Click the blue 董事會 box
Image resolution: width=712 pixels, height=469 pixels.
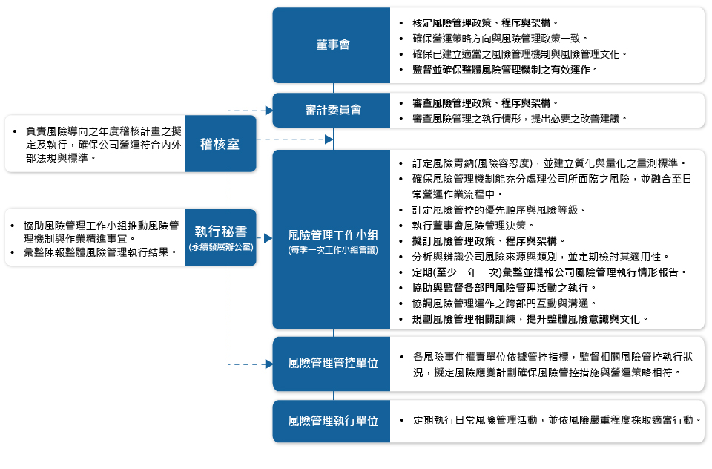click(332, 45)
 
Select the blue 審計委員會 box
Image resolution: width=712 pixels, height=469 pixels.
click(332, 110)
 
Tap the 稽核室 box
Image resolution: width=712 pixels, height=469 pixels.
click(220, 144)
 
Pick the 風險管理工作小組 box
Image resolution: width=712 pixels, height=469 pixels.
click(332, 239)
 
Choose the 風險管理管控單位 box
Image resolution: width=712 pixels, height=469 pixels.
click(332, 363)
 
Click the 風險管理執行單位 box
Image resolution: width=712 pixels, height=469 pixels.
click(332, 421)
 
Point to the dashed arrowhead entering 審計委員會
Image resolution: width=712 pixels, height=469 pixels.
click(268, 111)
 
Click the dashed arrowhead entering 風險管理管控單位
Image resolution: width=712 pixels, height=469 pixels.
click(268, 364)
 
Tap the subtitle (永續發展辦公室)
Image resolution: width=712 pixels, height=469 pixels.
click(220, 246)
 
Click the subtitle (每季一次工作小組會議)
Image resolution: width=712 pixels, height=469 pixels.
click(332, 251)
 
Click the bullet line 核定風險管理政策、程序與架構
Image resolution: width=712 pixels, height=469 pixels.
click(485, 23)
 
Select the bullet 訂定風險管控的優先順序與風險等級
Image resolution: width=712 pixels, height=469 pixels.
click(498, 209)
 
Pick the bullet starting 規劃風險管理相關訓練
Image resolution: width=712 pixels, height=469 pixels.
click(530, 318)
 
